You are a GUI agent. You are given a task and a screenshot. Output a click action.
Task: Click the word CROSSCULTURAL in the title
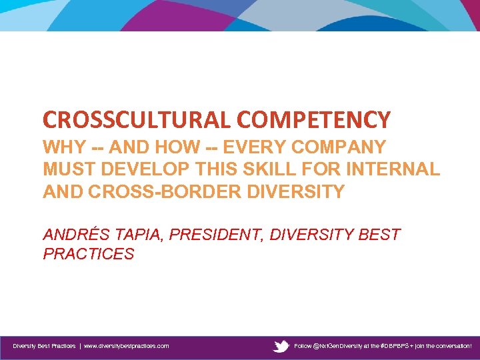pos(137,120)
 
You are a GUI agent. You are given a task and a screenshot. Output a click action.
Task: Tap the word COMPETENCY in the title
pos(313,120)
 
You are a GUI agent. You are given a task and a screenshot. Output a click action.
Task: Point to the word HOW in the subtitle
pos(173,147)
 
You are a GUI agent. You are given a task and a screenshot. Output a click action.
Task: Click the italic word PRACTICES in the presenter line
pos(88,254)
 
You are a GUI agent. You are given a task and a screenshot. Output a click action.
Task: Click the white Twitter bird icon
pos(281,346)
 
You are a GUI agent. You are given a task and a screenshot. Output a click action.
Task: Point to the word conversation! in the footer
pos(451,346)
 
